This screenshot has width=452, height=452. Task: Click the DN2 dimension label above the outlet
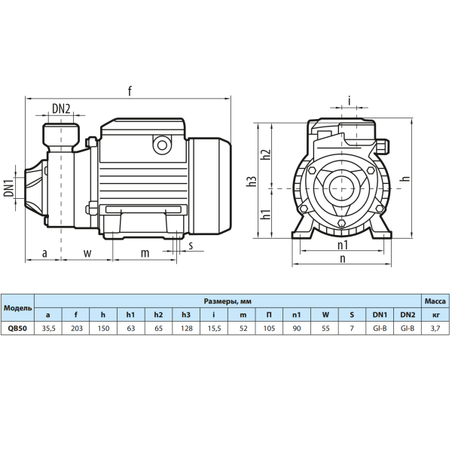click(61, 108)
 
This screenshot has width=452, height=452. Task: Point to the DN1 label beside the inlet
click(9, 188)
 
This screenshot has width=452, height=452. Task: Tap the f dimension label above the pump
click(130, 91)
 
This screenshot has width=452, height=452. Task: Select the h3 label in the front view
click(252, 182)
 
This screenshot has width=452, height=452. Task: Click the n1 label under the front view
click(343, 246)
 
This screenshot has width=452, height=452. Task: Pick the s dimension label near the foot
click(191, 246)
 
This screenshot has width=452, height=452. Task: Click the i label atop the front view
click(350, 101)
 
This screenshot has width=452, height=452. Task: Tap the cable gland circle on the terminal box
click(162, 145)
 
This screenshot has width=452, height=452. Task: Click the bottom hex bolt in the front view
click(342, 223)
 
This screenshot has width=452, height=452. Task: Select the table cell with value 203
click(76, 328)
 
